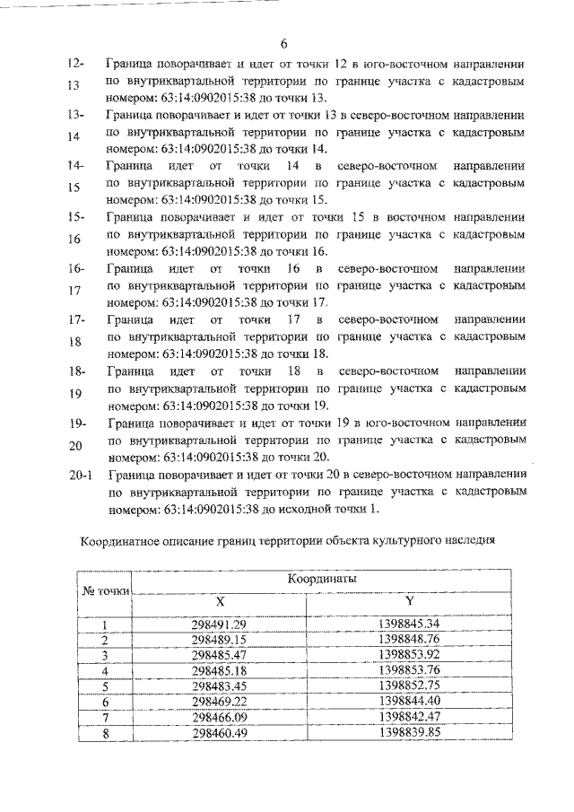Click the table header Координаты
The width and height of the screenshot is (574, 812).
322,580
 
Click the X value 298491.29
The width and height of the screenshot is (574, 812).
219,624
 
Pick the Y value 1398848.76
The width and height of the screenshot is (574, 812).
409,639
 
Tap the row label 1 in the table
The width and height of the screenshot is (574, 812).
105,624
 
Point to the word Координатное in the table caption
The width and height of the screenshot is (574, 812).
118,542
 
